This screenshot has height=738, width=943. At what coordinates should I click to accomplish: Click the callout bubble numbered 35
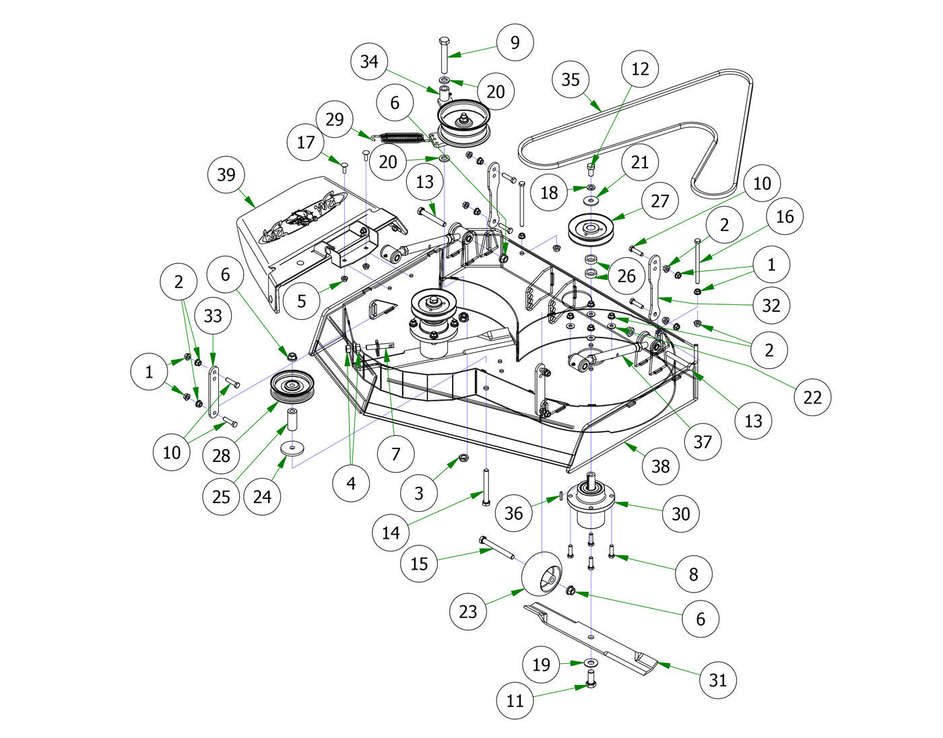pos(571,79)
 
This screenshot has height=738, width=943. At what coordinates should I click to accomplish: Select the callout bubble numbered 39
pos(226,175)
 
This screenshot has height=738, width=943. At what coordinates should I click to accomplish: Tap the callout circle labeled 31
pos(718,680)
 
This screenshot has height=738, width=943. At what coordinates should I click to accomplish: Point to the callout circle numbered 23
pos(467,611)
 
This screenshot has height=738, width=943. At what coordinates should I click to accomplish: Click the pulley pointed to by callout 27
pos(592,229)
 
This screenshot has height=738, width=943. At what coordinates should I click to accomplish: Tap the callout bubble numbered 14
pos(391,533)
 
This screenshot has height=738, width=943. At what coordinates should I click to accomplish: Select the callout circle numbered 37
pos(703,442)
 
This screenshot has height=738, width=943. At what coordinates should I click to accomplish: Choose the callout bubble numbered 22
pos(813,397)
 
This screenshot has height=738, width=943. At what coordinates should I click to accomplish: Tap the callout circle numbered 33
pos(213,316)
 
